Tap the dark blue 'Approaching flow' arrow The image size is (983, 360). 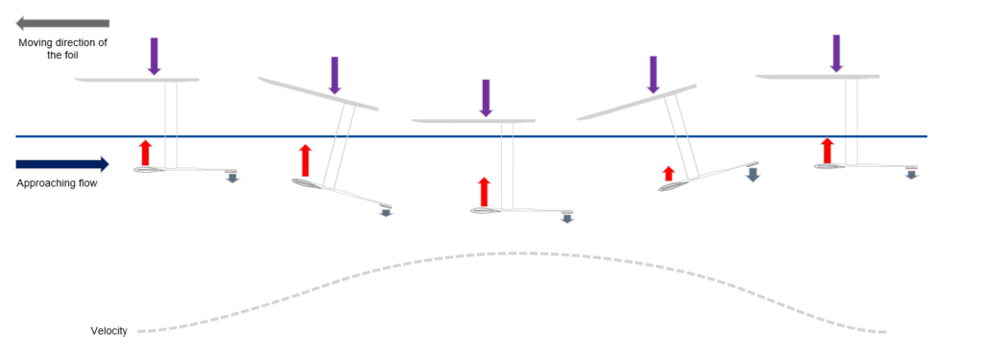click(63, 164)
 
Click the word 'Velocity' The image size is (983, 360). click(109, 331)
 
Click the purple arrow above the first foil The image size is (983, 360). click(154, 56)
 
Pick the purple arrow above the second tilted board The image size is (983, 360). click(334, 75)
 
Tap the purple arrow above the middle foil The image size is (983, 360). click(486, 98)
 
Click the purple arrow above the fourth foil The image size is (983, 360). click(654, 74)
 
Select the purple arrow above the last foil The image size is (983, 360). click(837, 53)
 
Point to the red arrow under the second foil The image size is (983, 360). click(305, 160)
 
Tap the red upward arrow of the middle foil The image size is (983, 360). click(484, 192)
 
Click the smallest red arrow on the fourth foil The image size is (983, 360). click(669, 174)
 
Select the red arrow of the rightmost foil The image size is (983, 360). click(827, 151)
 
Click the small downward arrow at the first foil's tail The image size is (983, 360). click(231, 177)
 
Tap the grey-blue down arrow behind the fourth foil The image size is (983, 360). click(753, 174)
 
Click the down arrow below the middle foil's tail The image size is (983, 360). click(567, 218)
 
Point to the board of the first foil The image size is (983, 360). click(137, 80)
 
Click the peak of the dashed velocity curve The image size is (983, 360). click(509, 252)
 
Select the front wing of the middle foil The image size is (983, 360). click(488, 209)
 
